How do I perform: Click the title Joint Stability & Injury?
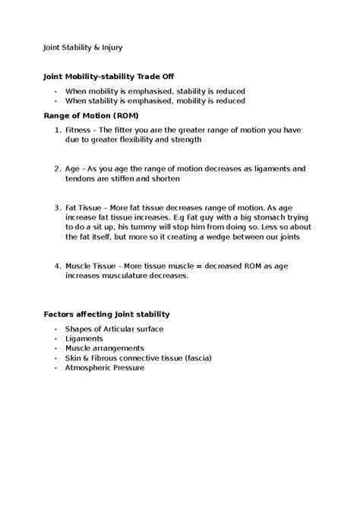[x=83, y=47]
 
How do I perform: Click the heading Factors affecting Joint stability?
[x=107, y=314]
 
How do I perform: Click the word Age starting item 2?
[x=73, y=169]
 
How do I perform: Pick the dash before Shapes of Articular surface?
[x=56, y=328]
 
